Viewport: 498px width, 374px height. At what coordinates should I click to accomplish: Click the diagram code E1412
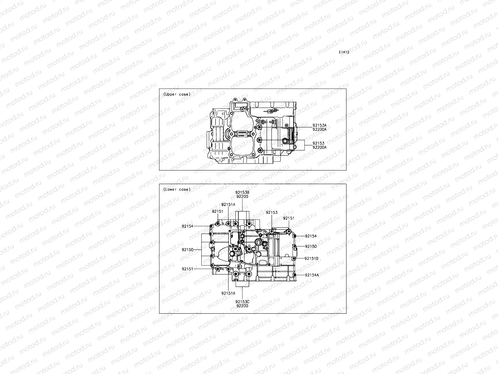click(x=344, y=52)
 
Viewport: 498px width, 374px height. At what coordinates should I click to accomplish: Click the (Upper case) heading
click(x=177, y=94)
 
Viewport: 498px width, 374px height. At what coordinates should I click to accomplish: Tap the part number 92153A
click(x=320, y=125)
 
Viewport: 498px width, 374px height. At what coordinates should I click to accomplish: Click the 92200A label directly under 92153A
click(x=320, y=129)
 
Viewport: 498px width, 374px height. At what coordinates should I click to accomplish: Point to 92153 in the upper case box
click(x=318, y=143)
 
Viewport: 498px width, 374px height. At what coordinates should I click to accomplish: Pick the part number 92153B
click(x=242, y=193)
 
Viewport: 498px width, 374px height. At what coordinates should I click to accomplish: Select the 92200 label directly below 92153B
click(x=242, y=197)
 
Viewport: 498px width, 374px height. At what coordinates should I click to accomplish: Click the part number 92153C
click(x=242, y=302)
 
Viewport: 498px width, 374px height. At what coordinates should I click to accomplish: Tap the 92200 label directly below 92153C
click(x=242, y=306)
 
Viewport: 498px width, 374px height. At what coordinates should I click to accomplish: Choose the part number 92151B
click(x=311, y=258)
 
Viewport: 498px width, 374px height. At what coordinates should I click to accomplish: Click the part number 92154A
click(x=312, y=275)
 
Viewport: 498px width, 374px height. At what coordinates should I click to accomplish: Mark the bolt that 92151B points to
click(x=293, y=258)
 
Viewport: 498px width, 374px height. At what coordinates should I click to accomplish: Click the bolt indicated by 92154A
click(x=294, y=275)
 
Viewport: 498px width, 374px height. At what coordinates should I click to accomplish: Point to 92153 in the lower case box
click(x=271, y=213)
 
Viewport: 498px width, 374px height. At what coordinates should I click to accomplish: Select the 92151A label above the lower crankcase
click(x=228, y=205)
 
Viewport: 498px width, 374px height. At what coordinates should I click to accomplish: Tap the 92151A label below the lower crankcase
click(x=228, y=293)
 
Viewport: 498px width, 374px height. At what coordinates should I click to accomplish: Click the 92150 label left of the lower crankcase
click(x=188, y=250)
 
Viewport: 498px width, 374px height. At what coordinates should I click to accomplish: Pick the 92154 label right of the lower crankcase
click(x=311, y=236)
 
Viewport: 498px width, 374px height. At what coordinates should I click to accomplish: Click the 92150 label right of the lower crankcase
click(x=311, y=246)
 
